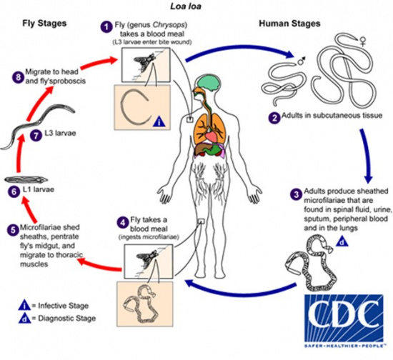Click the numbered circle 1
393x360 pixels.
(x=106, y=26)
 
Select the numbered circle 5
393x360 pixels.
(x=11, y=231)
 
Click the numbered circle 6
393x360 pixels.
(x=12, y=191)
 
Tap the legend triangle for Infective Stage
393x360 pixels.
(x=11, y=301)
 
